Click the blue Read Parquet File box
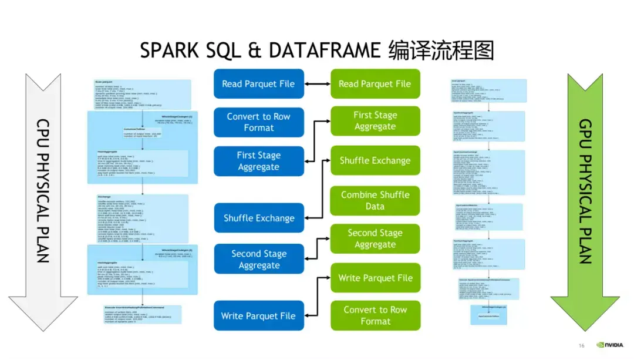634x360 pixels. (x=258, y=84)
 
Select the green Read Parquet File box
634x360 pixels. (x=375, y=84)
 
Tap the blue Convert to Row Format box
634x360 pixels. (x=258, y=122)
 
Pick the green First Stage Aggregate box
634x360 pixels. (x=375, y=121)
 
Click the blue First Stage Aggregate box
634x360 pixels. (x=258, y=161)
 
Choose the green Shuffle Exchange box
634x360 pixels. (x=375, y=160)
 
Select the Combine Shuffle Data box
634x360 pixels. (x=375, y=200)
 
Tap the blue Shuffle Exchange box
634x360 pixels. (x=258, y=218)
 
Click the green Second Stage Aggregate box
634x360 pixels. (x=375, y=239)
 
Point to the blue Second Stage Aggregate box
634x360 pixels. (x=258, y=260)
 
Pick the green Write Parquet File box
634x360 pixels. (x=375, y=278)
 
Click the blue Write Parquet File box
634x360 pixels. (x=258, y=316)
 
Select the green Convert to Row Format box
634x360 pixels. (x=375, y=315)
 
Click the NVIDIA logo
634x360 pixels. (x=610, y=345)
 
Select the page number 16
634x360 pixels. (x=582, y=345)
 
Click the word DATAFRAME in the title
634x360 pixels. (x=325, y=51)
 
